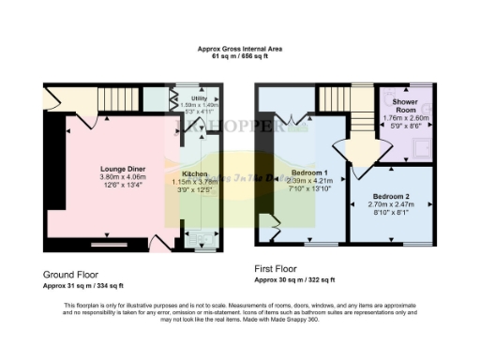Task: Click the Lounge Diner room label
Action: point(121,170)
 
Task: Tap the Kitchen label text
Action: point(195,174)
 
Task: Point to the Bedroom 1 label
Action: point(309,173)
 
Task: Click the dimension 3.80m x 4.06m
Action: point(121,177)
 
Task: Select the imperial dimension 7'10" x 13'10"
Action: point(309,189)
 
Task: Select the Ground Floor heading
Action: point(71,274)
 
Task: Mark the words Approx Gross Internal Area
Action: point(240,48)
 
